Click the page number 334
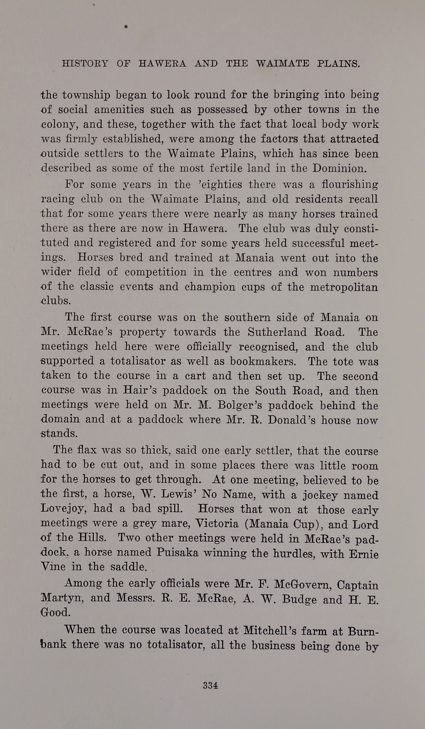click(x=210, y=685)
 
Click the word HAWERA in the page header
click(x=162, y=64)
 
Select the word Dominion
click(x=339, y=168)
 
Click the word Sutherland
click(x=277, y=332)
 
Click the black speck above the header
click(x=126, y=26)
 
